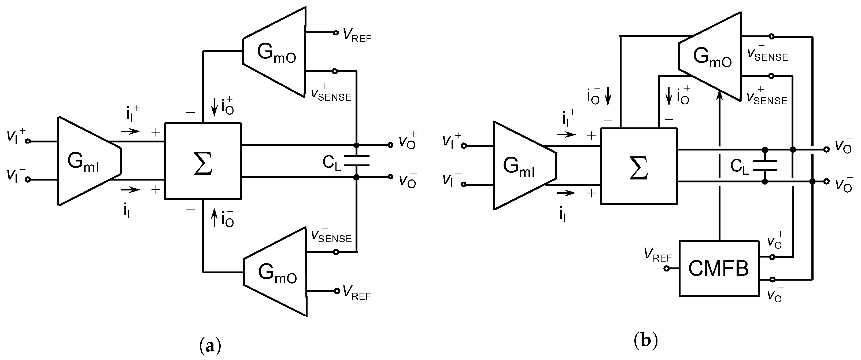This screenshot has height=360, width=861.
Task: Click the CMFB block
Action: [x=719, y=269]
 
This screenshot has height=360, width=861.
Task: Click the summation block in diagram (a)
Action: [x=203, y=161]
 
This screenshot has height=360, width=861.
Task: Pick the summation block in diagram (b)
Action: [x=639, y=166]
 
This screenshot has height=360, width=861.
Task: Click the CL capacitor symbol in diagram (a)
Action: [x=357, y=160]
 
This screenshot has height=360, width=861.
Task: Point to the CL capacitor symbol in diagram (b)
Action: [x=765, y=165]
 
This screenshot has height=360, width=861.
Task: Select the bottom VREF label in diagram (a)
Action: [x=357, y=293]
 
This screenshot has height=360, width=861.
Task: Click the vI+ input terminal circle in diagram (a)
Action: [x=28, y=141]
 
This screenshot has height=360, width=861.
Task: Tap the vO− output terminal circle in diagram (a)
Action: [x=390, y=177]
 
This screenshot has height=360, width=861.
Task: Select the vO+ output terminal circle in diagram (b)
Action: [x=826, y=149]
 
